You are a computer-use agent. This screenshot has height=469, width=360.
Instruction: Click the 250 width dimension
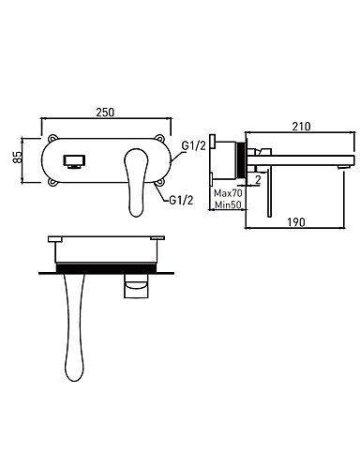click(x=105, y=113)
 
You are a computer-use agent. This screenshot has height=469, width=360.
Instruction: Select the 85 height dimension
click(x=18, y=157)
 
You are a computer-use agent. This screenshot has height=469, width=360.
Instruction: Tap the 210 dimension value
click(x=301, y=127)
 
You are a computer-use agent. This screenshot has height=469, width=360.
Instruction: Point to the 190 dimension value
click(x=295, y=222)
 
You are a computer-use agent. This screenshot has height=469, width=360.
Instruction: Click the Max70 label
click(x=228, y=193)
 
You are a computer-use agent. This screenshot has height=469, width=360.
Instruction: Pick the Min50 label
click(x=228, y=204)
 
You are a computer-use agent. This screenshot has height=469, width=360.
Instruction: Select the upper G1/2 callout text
click(x=194, y=145)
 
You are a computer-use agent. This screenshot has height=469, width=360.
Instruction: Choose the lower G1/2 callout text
click(x=181, y=200)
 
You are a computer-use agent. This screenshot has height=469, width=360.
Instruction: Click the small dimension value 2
click(x=258, y=179)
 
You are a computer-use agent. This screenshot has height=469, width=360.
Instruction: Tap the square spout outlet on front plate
click(x=75, y=161)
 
